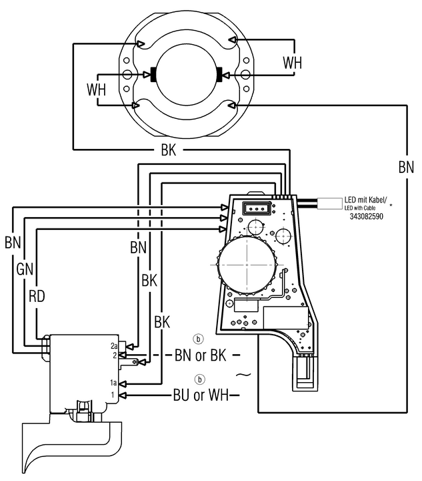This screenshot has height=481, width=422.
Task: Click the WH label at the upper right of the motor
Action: (292, 63)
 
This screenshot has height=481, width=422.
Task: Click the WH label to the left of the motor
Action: (96, 88)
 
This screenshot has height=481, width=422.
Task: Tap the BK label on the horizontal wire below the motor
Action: (169, 150)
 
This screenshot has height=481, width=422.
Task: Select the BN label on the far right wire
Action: (406, 166)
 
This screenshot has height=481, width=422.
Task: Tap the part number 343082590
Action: (366, 216)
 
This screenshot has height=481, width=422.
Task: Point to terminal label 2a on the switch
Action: (115, 346)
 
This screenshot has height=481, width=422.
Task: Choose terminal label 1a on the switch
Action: (115, 383)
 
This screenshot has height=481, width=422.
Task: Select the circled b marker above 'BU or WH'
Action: (198, 379)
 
